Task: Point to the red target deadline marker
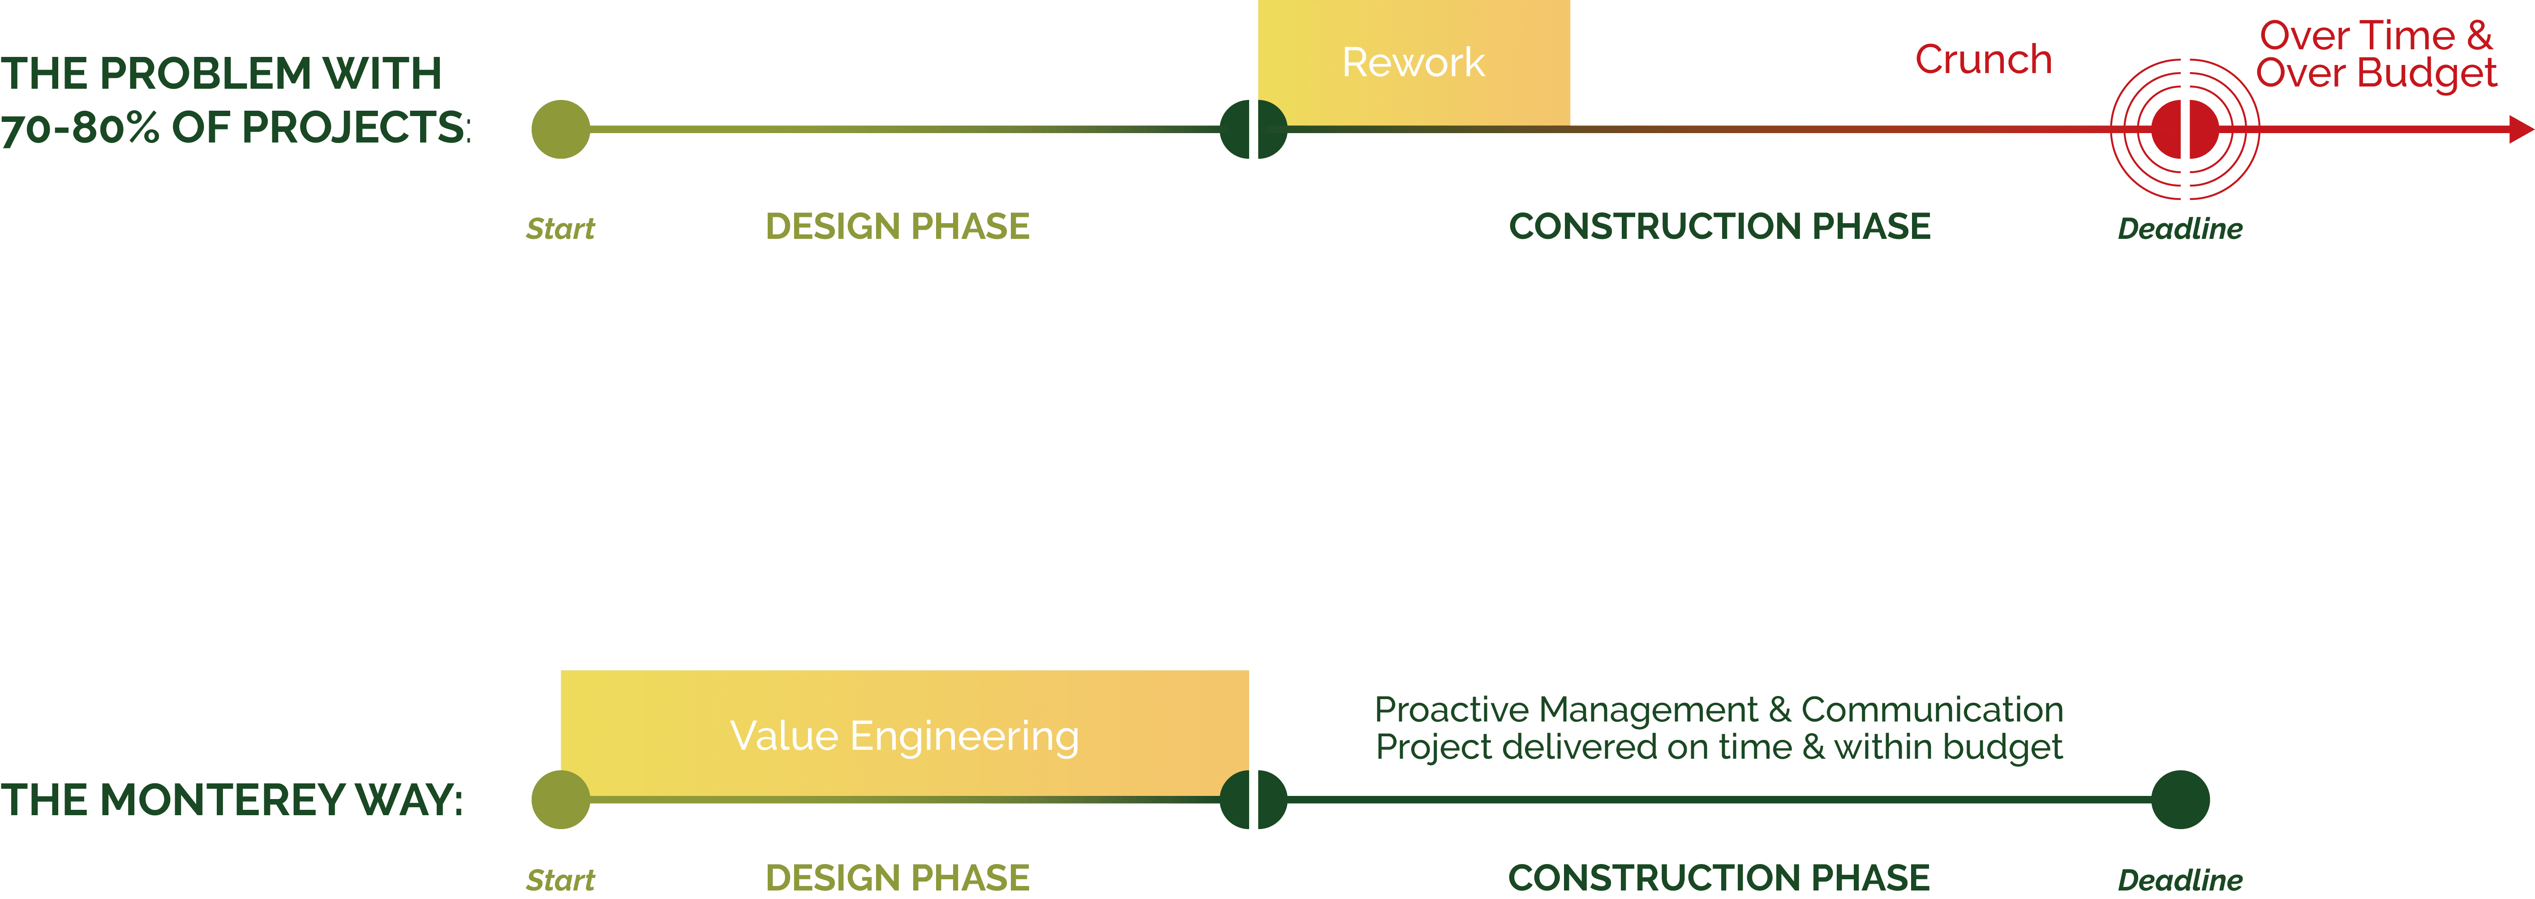(2185, 129)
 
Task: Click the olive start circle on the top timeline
(561, 129)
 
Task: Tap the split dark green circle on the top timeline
(1253, 129)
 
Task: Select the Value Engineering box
(904, 735)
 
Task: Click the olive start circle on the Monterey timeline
(561, 800)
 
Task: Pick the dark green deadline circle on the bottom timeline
(2181, 800)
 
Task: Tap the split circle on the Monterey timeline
(1253, 800)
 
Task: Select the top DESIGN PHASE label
(898, 226)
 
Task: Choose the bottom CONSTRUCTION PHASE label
(1719, 877)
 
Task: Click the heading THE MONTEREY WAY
(231, 800)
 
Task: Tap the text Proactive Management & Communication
(1718, 709)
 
